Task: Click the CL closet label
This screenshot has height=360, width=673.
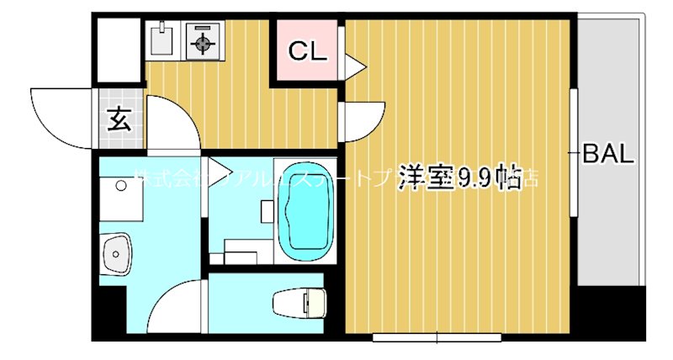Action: pos(306,52)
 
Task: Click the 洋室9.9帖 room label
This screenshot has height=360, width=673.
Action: pos(458,177)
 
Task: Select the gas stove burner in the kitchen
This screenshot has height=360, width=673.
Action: pos(203,41)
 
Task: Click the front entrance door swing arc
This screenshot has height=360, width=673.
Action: pos(59,118)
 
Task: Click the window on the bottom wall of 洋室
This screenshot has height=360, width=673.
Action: pos(437,337)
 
